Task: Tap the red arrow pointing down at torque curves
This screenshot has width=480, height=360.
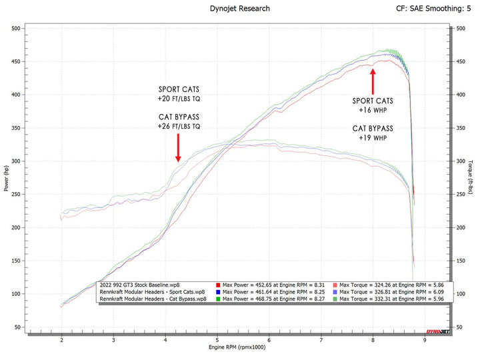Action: pyautogui.click(x=178, y=147)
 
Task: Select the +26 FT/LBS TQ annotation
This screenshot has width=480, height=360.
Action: pyautogui.click(x=179, y=126)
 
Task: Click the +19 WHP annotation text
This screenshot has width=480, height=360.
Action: pyautogui.click(x=372, y=138)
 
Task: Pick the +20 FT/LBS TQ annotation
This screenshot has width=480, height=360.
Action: pyautogui.click(x=179, y=99)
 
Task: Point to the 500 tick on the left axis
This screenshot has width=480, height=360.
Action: pyautogui.click(x=15, y=29)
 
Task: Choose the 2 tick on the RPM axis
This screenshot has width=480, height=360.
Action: pyautogui.click(x=62, y=340)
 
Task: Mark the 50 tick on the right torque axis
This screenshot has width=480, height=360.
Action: pyautogui.click(x=460, y=327)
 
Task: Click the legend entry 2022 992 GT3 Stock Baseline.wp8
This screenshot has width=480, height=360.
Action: pyautogui.click(x=138, y=285)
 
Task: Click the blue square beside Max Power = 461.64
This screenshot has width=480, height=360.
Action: pyautogui.click(x=219, y=292)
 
